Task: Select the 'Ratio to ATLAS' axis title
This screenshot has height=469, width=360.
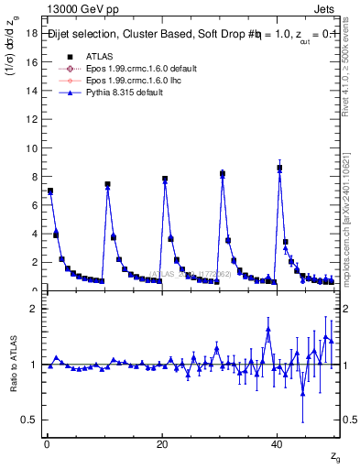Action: pos(13,365)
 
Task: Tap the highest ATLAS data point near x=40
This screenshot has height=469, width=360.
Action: pos(279,168)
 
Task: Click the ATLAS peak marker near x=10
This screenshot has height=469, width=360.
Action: pos(107,184)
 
